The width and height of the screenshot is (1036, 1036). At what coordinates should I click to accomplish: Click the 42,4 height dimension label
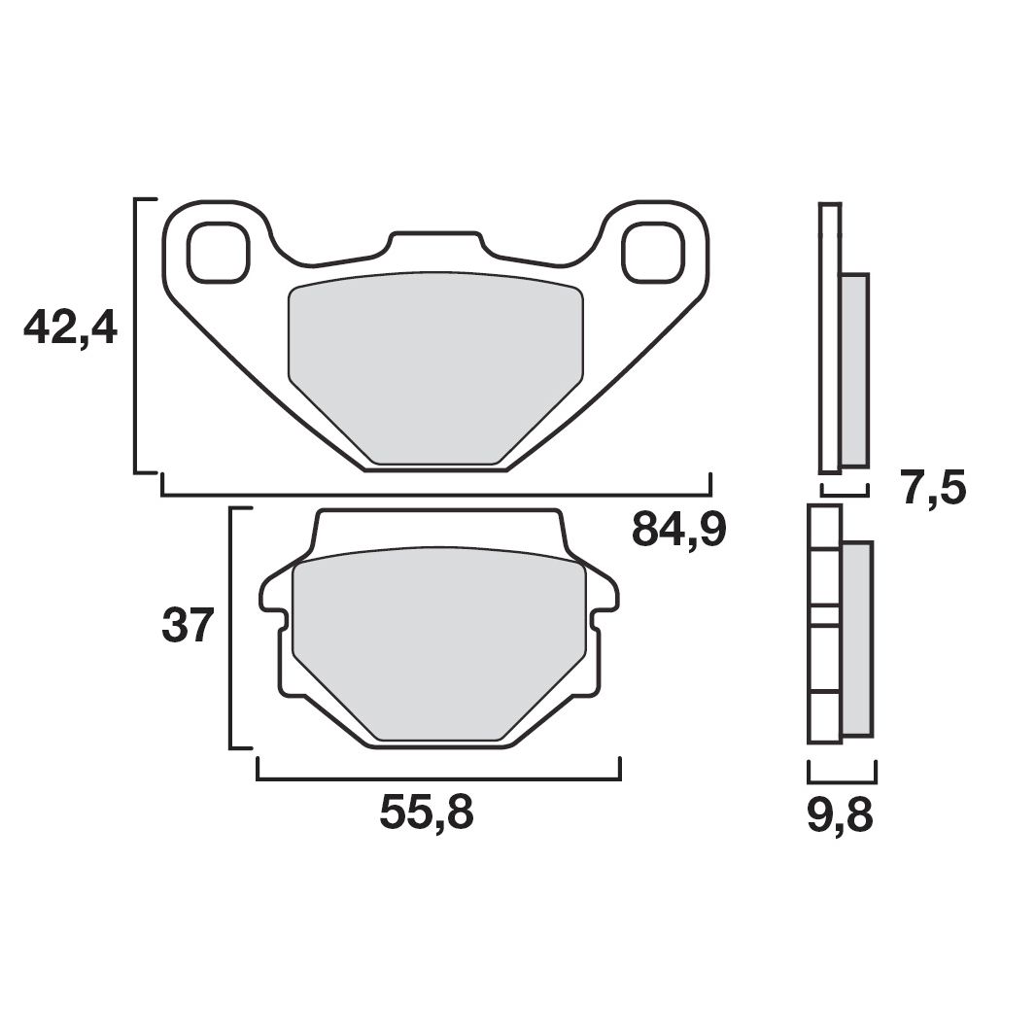[x=70, y=329]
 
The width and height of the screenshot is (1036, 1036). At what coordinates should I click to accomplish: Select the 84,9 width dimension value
[x=679, y=530]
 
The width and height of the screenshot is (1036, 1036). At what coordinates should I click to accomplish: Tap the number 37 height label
[x=187, y=626]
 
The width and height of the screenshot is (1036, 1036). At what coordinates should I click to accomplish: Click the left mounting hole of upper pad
[x=218, y=253]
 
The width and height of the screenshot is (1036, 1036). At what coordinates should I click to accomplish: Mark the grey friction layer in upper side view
[x=854, y=369]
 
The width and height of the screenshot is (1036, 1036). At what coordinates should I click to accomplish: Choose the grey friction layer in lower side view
[x=857, y=638]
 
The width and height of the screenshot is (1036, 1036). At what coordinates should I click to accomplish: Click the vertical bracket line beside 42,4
[x=136, y=335]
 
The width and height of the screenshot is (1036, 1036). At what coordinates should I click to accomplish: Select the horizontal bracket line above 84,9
[x=435, y=495]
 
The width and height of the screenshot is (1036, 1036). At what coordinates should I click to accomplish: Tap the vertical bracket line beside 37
[x=231, y=628]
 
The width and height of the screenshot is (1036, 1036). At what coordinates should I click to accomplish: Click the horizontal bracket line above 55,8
[x=438, y=778]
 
